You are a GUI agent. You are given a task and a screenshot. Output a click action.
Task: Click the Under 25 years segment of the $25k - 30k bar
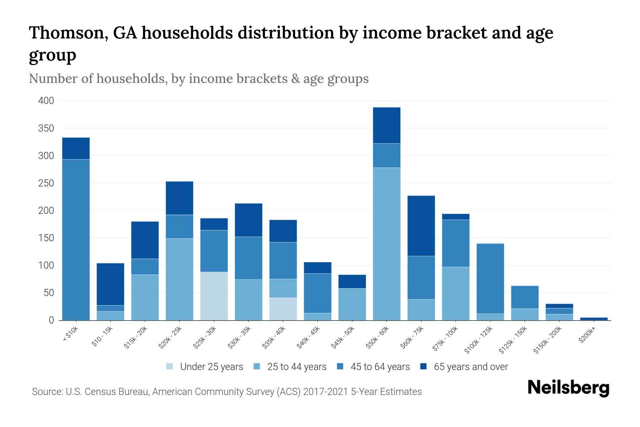click(x=214, y=296)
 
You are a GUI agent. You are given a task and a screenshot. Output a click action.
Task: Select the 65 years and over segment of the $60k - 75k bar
click(x=421, y=226)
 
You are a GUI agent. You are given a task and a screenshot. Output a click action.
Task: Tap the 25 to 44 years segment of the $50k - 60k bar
click(x=386, y=244)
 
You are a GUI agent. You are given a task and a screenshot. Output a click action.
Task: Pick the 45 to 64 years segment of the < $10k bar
click(x=76, y=239)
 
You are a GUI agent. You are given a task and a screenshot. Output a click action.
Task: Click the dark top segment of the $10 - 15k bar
click(x=110, y=284)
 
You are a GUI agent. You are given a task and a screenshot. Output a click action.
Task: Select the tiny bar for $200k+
click(x=594, y=319)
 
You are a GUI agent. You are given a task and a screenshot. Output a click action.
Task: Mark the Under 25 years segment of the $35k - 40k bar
click(x=283, y=309)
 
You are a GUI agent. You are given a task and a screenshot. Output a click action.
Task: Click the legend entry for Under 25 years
click(x=205, y=367)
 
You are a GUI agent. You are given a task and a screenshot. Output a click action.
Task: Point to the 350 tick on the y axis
click(x=46, y=128)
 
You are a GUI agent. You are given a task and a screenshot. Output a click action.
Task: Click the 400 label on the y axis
click(x=46, y=101)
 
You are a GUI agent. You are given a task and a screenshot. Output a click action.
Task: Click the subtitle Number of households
click(x=97, y=79)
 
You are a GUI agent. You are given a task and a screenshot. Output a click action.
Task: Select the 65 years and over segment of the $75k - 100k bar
click(x=455, y=217)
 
